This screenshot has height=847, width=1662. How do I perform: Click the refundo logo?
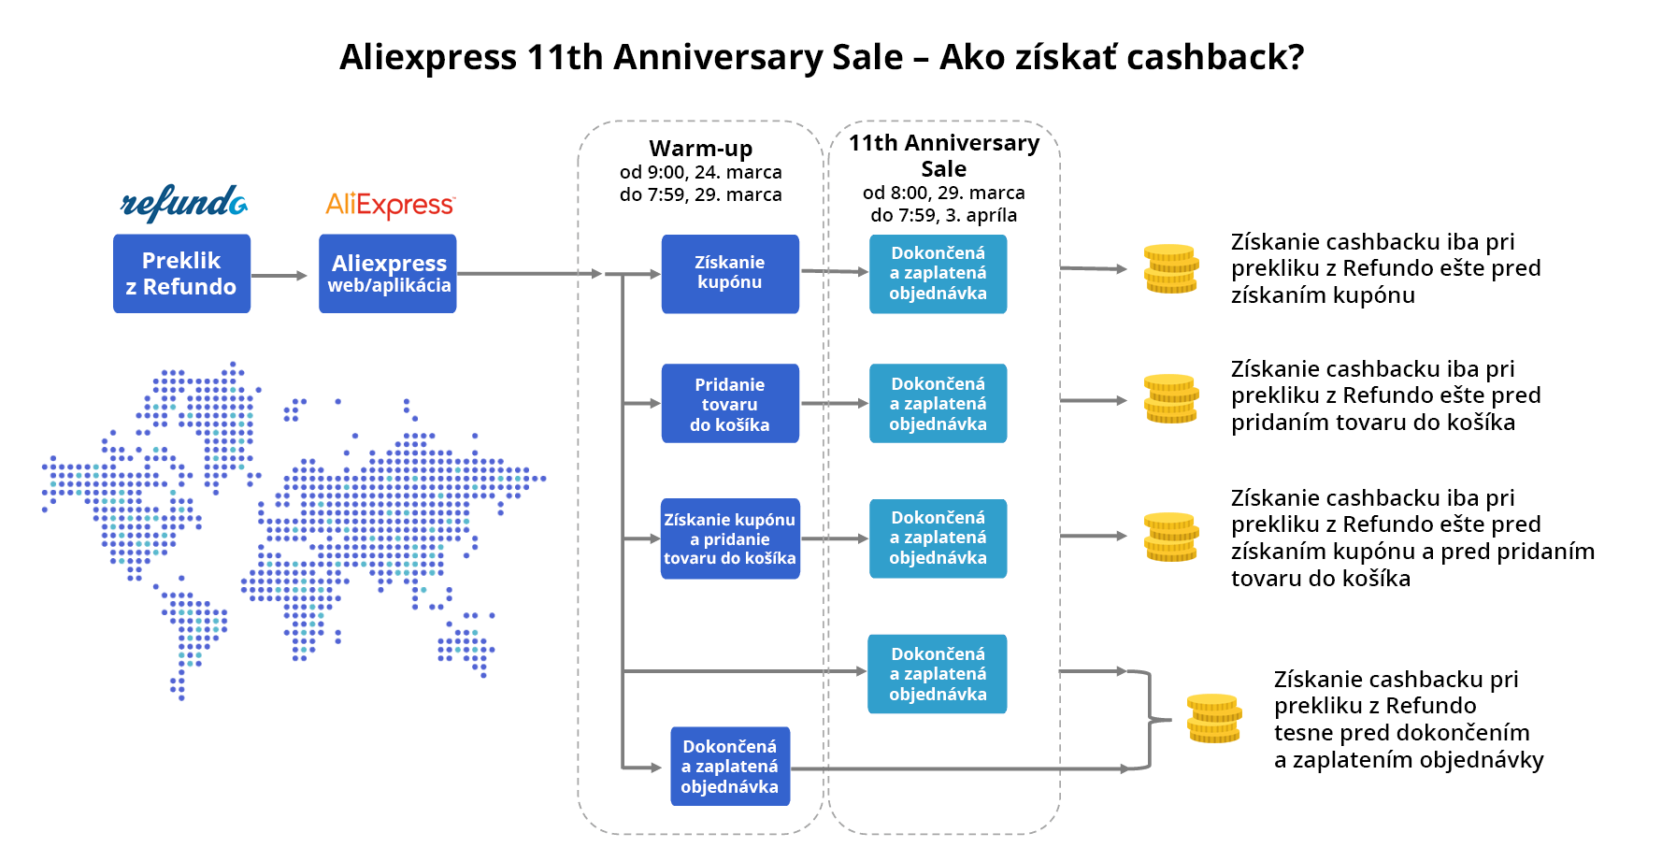[x=184, y=203]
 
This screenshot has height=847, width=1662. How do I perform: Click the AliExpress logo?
[x=390, y=205]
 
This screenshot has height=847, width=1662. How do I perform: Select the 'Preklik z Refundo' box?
[x=181, y=273]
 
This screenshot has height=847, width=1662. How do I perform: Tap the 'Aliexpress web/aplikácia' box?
[x=388, y=273]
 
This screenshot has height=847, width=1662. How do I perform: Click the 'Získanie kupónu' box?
[x=730, y=273]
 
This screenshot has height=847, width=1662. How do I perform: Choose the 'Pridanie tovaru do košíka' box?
[x=730, y=403]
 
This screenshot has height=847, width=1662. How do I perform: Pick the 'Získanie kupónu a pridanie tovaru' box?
[x=730, y=538]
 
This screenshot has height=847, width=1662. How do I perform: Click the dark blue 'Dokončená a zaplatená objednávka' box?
[x=730, y=767]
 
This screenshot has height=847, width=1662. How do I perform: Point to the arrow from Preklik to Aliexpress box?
[x=279, y=276]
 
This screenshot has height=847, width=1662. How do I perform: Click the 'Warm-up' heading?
[x=701, y=148]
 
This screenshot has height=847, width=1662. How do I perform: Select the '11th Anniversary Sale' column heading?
[x=944, y=155]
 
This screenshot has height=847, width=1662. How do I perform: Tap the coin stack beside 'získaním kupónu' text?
[x=1171, y=269]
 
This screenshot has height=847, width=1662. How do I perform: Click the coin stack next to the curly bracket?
[x=1214, y=718]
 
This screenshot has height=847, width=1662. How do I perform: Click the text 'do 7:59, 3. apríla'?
[x=944, y=215]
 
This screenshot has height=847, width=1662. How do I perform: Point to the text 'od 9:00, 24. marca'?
[x=701, y=172]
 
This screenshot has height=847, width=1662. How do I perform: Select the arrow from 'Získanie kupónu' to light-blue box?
[x=835, y=271]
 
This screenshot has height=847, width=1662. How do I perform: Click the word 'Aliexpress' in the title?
[x=428, y=57]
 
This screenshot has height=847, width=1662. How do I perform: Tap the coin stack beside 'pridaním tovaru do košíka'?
[x=1171, y=399]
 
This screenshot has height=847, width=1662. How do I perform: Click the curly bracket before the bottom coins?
[x=1150, y=720]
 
